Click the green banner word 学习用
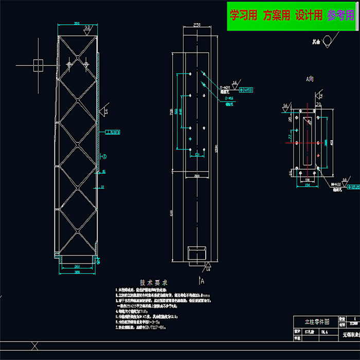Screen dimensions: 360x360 (243, 15)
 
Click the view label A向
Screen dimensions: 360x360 (310, 79)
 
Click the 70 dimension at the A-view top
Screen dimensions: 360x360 (318, 104)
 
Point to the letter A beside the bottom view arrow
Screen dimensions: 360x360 (203, 281)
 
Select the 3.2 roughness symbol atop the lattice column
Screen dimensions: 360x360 (87, 28)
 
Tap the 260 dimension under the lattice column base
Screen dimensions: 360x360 (77, 266)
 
